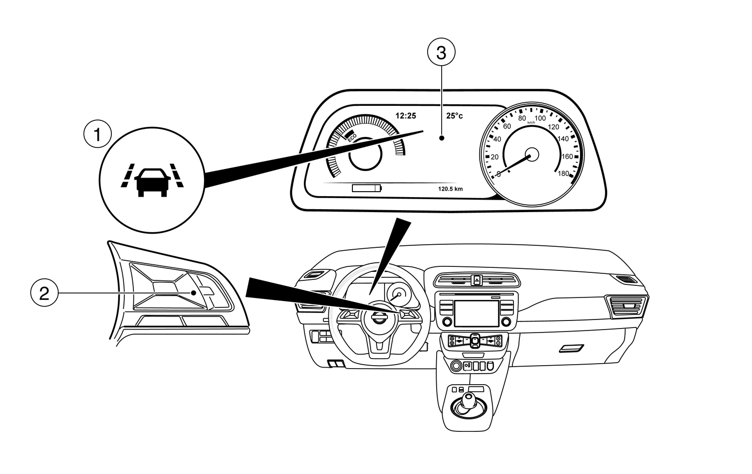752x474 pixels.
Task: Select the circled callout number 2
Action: [44, 293]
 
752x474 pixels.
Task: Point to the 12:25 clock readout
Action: [406, 116]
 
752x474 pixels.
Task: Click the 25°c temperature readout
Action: [455, 116]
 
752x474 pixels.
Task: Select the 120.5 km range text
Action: [450, 189]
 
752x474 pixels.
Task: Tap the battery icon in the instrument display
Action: [366, 189]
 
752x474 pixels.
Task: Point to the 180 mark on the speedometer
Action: [563, 174]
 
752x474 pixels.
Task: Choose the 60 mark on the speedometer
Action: [507, 126]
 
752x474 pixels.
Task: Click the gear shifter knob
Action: [469, 399]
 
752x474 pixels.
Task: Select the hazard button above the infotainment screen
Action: [476, 279]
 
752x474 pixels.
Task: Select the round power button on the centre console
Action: [456, 366]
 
